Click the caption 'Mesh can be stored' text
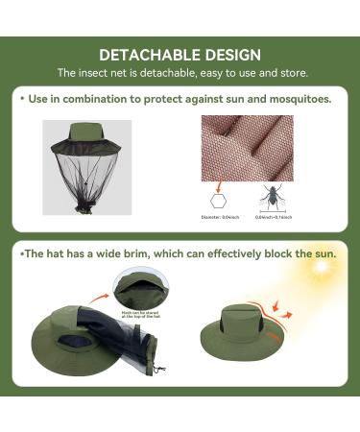tap(140, 313)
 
